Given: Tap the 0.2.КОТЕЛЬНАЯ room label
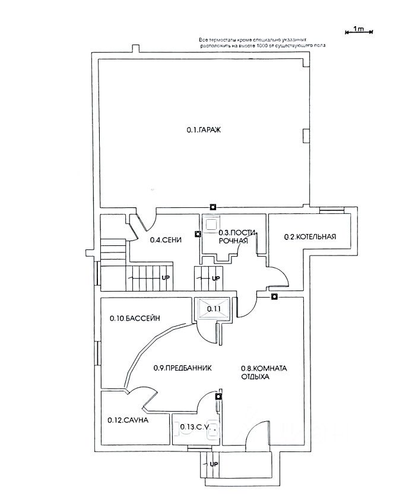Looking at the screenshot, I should [x=310, y=236].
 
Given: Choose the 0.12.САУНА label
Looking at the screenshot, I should [x=128, y=420].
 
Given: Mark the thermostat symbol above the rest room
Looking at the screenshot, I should [x=274, y=296].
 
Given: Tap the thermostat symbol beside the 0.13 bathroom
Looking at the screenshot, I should [x=218, y=396].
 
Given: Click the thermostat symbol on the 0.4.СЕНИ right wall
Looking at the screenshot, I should [x=198, y=233].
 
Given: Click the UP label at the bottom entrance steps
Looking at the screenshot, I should [x=214, y=463].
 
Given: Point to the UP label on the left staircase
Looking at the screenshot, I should [x=166, y=277].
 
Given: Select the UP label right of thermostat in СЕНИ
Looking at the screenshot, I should [x=216, y=277].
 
